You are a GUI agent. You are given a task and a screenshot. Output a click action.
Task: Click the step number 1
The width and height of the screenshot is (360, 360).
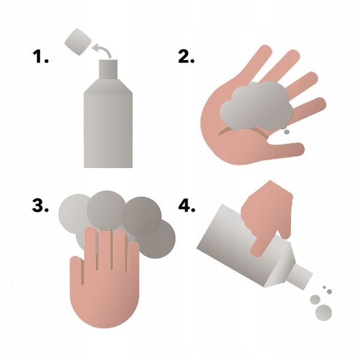point(40,57)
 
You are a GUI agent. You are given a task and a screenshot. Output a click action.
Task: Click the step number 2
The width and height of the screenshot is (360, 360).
point(186,57)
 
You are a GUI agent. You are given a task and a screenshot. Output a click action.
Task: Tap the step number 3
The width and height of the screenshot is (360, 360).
point(40,206)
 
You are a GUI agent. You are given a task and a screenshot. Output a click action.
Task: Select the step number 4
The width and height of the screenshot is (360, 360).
point(187,206)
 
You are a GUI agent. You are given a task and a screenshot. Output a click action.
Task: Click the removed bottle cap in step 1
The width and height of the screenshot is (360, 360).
point(78,42)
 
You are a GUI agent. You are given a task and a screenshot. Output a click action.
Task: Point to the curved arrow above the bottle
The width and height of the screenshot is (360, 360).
point(103,48)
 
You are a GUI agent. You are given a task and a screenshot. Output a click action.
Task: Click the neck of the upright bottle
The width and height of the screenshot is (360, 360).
point(109,70)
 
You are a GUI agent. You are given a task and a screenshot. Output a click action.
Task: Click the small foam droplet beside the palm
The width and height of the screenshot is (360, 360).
point(287,132)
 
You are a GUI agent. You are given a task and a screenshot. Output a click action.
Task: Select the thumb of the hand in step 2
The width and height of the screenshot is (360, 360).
point(284,149)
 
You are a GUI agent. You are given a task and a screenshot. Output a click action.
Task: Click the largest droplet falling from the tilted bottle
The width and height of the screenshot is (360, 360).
point(324,313)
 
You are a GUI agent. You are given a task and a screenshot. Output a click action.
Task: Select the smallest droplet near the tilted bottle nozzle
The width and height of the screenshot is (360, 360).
point(324,287)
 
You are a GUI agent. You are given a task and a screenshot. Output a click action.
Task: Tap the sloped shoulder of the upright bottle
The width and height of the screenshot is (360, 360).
point(108,86)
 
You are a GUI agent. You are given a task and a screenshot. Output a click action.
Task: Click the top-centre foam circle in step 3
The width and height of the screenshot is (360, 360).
point(106,211)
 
